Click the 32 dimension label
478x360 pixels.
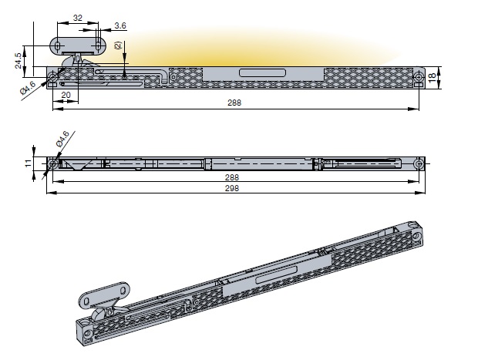(x=78, y=17)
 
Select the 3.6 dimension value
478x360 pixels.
(x=120, y=27)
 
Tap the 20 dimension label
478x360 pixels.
(x=66, y=95)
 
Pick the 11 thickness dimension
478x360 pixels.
(x=28, y=163)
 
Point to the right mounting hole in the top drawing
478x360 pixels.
(x=418, y=77)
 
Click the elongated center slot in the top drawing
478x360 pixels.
(x=261, y=73)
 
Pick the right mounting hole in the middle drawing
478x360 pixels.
(x=418, y=163)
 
